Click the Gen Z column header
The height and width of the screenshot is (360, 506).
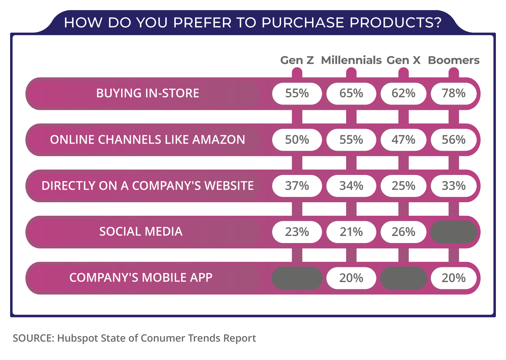(x=297, y=60)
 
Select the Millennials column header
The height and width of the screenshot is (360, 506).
(x=351, y=60)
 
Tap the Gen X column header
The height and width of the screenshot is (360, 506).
(x=403, y=60)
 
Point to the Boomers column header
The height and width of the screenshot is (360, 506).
(x=454, y=60)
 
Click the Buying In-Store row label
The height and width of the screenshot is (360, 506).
(x=148, y=93)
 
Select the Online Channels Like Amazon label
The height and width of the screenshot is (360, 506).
(x=148, y=140)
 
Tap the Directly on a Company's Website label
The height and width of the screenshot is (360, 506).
(x=148, y=186)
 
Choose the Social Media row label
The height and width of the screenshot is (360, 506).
(x=141, y=232)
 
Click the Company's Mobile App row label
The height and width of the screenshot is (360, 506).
(x=141, y=278)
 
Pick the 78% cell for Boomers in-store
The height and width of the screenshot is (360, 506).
(x=454, y=93)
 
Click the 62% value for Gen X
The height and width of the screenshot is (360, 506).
(x=403, y=93)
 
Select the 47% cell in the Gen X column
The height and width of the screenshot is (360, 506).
(x=403, y=140)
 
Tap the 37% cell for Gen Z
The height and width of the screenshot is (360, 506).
(x=297, y=186)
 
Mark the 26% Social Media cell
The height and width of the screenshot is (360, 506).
(x=403, y=232)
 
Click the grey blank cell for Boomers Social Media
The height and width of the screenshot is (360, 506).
(x=454, y=232)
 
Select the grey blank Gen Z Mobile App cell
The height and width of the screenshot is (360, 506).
(x=297, y=278)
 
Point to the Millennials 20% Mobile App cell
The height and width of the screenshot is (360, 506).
(x=351, y=278)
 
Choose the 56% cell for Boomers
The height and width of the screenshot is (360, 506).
(x=454, y=140)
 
